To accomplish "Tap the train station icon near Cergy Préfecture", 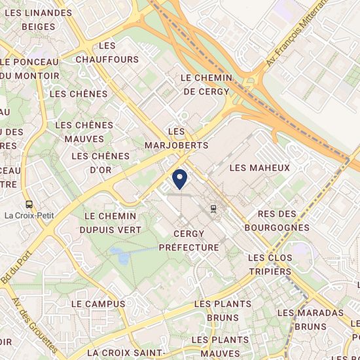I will pyautogui.click(x=214, y=208).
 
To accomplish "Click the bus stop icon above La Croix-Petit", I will pyautogui.click(x=29, y=204).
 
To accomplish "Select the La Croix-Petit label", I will pyautogui.click(x=29, y=215).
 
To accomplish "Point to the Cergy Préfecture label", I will pyautogui.click(x=189, y=240).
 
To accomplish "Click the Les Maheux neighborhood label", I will pyautogui.click(x=259, y=168).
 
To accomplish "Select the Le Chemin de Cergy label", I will pyautogui.click(x=207, y=84).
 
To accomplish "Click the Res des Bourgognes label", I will pyautogui.click(x=284, y=221).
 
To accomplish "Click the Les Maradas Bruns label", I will pyautogui.click(x=310, y=319).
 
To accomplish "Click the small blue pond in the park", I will pyautogui.click(x=121, y=254).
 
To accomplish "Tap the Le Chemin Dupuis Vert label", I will pyautogui.click(x=111, y=223).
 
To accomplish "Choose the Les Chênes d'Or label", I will pyautogui.click(x=101, y=162).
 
